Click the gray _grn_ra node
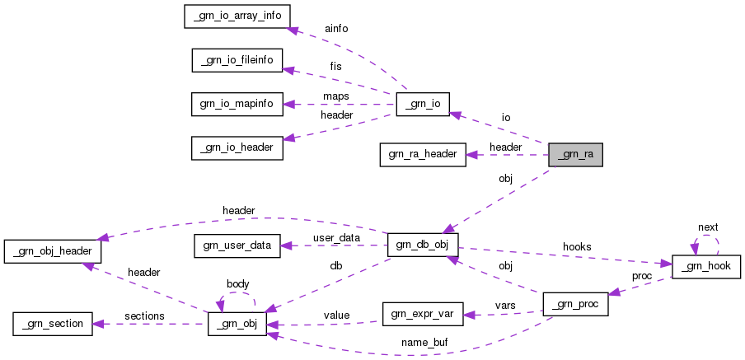(x=576, y=154)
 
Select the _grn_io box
(x=423, y=104)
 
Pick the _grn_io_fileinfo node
(x=237, y=60)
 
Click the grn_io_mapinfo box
(x=237, y=104)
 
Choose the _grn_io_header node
(x=237, y=147)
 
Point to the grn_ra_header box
(x=424, y=154)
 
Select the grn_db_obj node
(x=423, y=245)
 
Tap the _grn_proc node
(x=576, y=304)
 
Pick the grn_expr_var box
(x=424, y=314)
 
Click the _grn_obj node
(x=237, y=324)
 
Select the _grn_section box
(x=51, y=324)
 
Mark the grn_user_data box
(x=237, y=245)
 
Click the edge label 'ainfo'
(x=336, y=29)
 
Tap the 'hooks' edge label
(x=576, y=246)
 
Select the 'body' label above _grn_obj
(x=237, y=284)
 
